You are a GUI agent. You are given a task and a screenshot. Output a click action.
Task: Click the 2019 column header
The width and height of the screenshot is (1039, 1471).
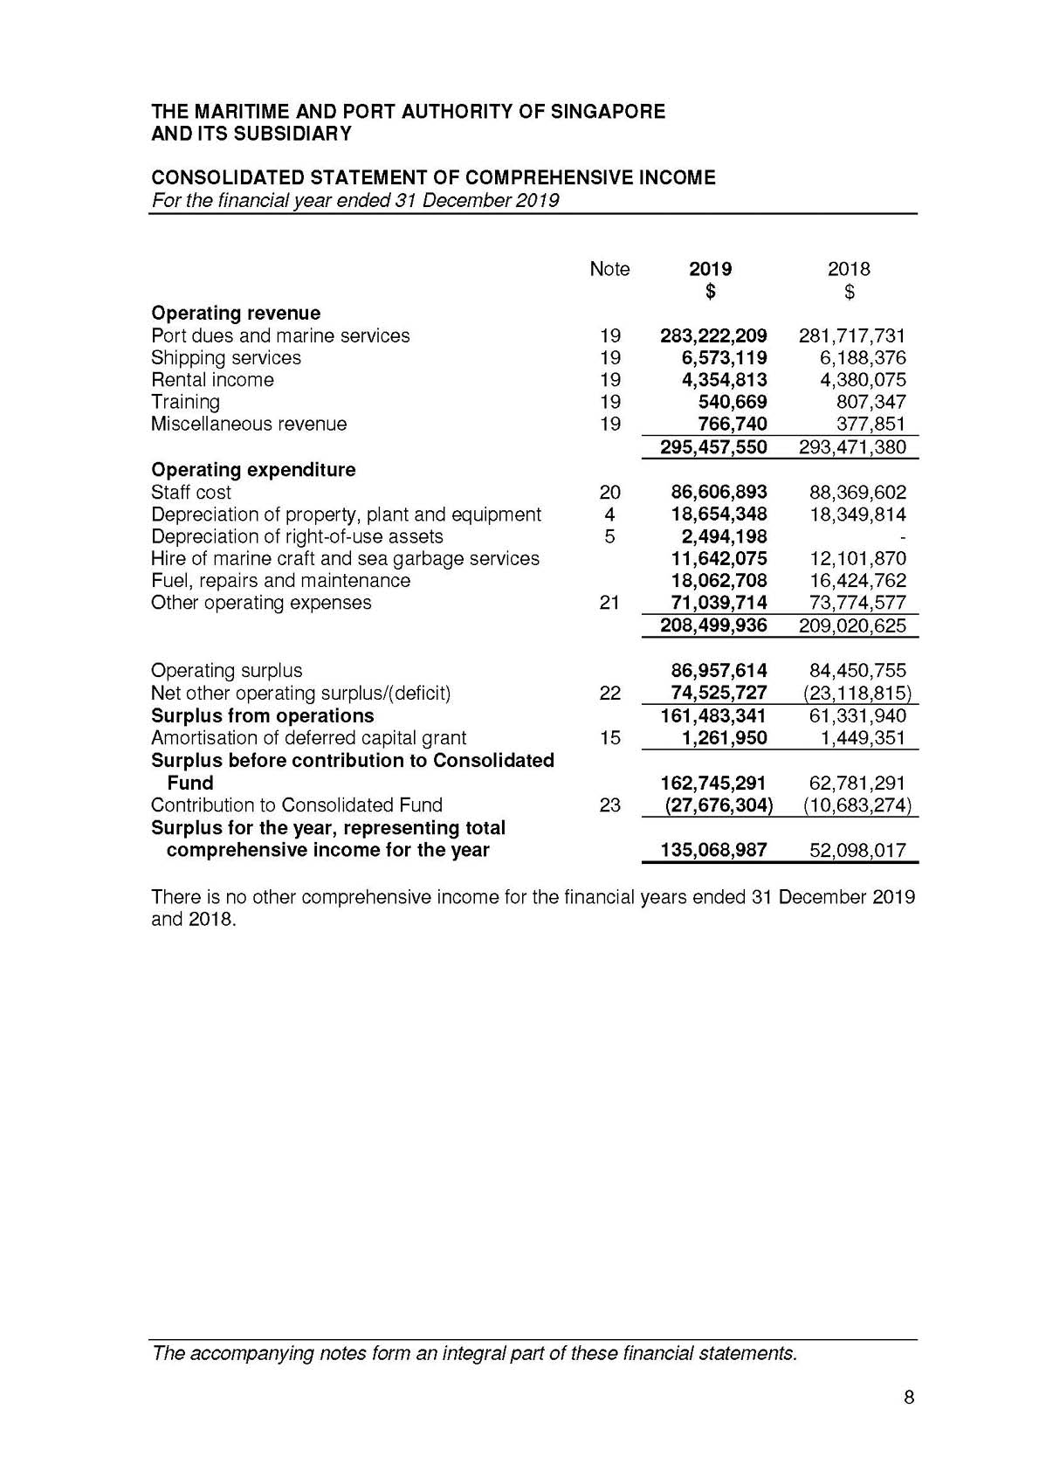(x=710, y=269)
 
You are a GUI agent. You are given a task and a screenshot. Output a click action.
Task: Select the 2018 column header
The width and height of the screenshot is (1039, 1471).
(x=849, y=269)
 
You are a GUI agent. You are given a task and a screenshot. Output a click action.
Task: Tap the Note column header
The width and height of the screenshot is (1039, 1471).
(x=609, y=269)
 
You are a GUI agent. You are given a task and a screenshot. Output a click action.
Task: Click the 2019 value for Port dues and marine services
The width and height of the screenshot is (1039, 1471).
(x=713, y=335)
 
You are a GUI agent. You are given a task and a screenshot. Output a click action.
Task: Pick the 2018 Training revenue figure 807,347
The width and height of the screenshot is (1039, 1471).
(x=870, y=402)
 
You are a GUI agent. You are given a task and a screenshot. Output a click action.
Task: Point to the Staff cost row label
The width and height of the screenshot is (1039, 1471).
(x=191, y=492)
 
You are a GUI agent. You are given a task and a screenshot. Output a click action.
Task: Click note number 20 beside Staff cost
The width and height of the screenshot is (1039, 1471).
(x=609, y=492)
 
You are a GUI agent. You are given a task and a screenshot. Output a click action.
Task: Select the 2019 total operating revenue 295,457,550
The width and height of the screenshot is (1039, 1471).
(x=713, y=447)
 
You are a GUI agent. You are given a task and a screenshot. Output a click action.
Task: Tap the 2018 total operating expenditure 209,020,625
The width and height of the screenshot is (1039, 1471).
(x=852, y=625)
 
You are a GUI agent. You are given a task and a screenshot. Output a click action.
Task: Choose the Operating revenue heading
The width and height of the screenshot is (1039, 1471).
(x=236, y=313)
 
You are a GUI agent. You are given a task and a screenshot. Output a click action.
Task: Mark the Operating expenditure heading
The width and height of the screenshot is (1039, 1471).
(x=253, y=470)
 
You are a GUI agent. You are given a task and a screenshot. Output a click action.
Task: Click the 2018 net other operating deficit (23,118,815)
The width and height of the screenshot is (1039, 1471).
(x=857, y=694)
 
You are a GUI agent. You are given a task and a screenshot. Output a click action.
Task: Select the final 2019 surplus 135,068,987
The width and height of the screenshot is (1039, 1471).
(x=713, y=851)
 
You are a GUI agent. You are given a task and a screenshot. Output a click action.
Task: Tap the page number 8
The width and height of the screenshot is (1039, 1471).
(x=909, y=1398)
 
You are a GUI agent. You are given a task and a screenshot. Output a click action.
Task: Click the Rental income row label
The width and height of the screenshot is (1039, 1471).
(x=212, y=380)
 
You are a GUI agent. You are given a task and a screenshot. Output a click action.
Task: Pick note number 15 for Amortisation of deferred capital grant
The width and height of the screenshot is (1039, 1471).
(x=609, y=738)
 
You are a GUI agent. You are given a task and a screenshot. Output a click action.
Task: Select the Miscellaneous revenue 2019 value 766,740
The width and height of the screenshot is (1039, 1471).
(x=732, y=425)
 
